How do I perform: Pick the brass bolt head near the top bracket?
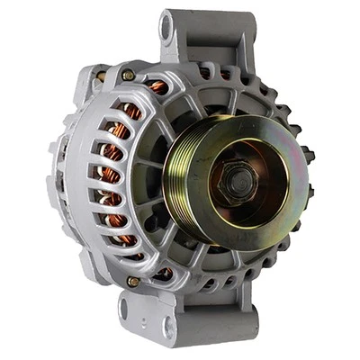tap(129, 75)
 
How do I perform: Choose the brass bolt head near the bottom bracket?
tap(133, 282)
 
